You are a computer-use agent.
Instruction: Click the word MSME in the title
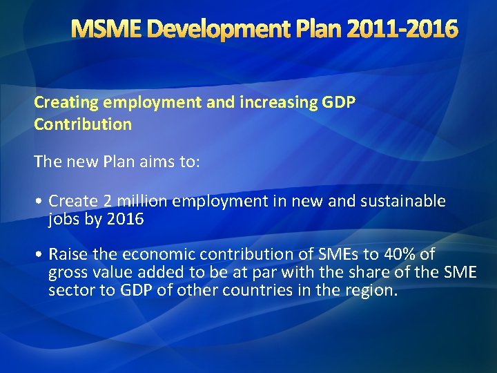pyautogui.click(x=106, y=29)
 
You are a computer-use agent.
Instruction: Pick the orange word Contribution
pyautogui.click(x=83, y=125)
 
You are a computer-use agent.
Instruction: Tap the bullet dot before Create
pyautogui.click(x=41, y=202)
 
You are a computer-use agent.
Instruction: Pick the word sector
pyautogui.click(x=69, y=290)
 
